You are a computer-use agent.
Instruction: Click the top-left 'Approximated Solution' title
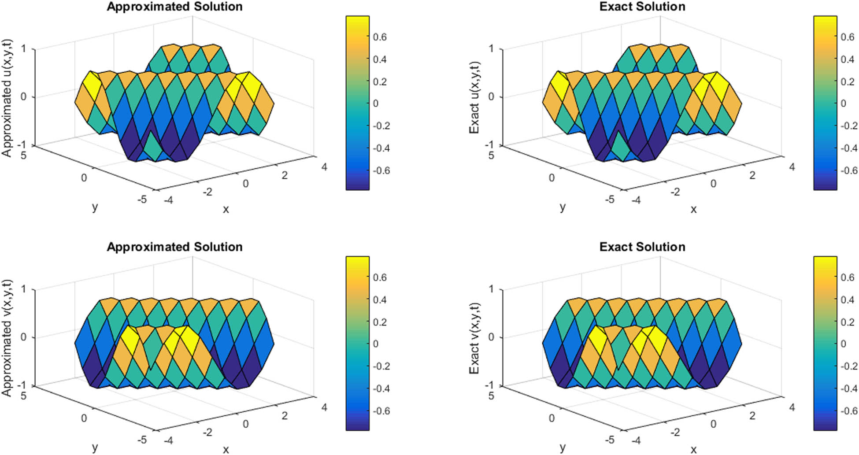tap(174, 7)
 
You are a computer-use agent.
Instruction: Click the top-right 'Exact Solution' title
tap(642, 7)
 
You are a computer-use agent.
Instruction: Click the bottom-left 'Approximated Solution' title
tap(174, 247)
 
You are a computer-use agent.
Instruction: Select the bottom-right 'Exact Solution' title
tap(642, 247)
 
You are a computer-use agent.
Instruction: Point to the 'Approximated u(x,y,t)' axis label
tap(7, 98)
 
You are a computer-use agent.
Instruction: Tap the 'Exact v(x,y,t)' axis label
tap(474, 338)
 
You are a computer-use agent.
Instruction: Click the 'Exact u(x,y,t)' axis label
tap(474, 98)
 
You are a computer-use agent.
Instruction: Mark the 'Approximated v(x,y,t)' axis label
tap(7, 338)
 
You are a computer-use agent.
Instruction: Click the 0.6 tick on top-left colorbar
tap(380, 37)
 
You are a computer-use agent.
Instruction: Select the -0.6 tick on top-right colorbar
tap(846, 170)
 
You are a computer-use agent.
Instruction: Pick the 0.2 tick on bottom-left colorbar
tap(380, 322)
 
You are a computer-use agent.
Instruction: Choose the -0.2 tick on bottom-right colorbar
tap(846, 366)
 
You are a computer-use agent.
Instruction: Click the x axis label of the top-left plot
tap(226, 210)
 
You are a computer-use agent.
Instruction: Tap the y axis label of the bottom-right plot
tap(563, 448)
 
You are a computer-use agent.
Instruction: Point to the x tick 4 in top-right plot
tap(792, 167)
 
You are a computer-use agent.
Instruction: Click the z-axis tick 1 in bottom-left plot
tap(23, 289)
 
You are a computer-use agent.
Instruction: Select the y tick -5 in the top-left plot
tap(142, 200)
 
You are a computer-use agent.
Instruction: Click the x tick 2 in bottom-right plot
tap(752, 415)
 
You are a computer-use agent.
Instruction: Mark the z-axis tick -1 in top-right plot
tap(489, 145)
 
